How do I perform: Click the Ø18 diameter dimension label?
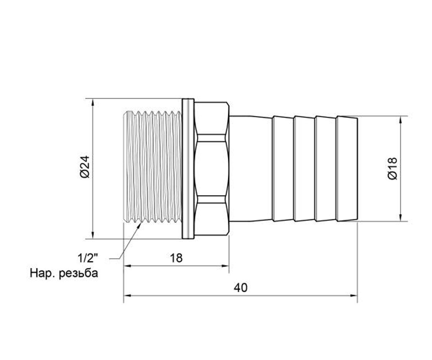coord(392,168)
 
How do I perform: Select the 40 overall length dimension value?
coord(240,288)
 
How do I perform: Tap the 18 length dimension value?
coord(176,258)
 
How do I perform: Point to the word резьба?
coord(78,274)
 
